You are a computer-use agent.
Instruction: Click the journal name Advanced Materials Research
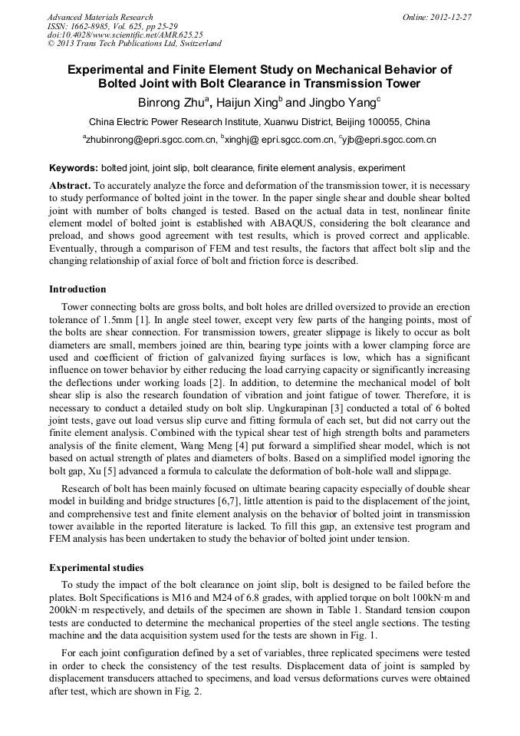[x=100, y=17]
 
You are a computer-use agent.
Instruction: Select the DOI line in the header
[x=125, y=35]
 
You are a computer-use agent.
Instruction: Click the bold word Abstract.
[x=70, y=186]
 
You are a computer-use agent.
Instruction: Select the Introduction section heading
[x=77, y=289]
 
